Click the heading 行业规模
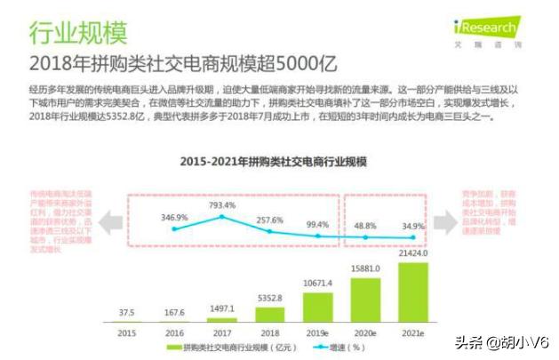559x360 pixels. (78, 33)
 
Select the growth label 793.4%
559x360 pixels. (221, 205)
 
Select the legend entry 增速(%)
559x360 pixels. (340, 347)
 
